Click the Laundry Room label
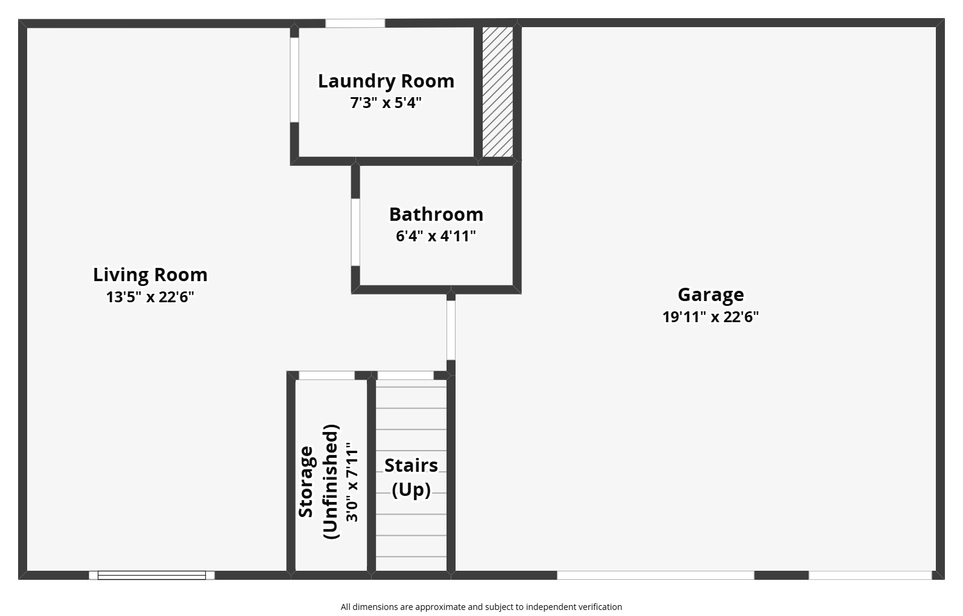[386, 81]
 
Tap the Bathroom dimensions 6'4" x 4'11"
[436, 236]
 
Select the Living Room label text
[150, 275]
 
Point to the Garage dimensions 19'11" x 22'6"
[710, 317]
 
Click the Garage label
[710, 295]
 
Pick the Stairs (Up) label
[411, 477]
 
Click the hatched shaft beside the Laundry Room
[498, 92]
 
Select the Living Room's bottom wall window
[151, 576]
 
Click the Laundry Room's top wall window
[355, 24]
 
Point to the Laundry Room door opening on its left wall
[294, 80]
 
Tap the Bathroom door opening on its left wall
[355, 232]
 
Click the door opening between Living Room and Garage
[451, 330]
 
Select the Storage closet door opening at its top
[326, 375]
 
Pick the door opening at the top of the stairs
[405, 375]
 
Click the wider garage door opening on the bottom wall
[655, 576]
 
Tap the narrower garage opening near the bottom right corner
[870, 576]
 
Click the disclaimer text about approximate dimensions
[481, 607]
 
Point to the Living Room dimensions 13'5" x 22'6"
[150, 297]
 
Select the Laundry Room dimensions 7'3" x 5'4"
[386, 103]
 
